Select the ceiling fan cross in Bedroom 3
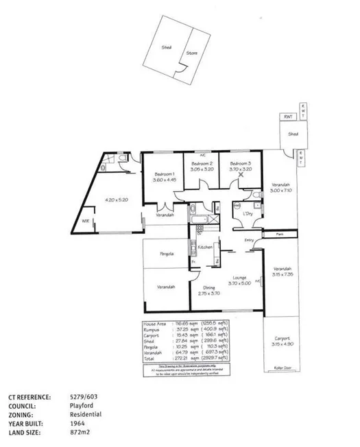point(241,175)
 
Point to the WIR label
point(86,221)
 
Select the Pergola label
point(165,254)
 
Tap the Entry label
point(249,240)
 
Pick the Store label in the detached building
point(192,52)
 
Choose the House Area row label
point(153,323)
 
